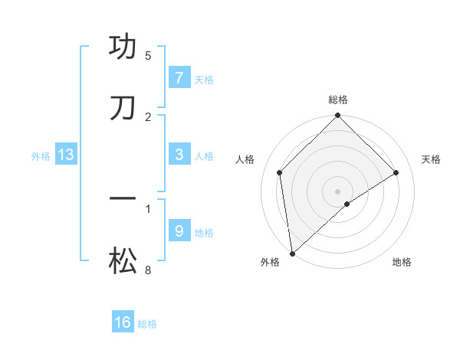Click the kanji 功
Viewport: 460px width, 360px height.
coord(123,47)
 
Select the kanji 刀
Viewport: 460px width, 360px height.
coord(123,108)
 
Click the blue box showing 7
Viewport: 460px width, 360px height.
coord(179,78)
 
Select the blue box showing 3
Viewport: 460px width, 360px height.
coord(179,154)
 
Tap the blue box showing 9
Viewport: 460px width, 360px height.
coord(179,231)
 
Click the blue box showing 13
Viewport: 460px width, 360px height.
coord(65,155)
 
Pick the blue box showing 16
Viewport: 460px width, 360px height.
coord(123,322)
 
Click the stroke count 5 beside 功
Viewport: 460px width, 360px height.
coord(148,56)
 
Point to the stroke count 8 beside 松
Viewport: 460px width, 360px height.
coord(148,270)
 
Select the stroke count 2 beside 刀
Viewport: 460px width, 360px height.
coord(148,116)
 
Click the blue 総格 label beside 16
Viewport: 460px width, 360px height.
coord(147,324)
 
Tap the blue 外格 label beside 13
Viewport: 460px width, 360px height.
coord(41,155)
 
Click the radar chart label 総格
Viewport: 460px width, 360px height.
coord(338,100)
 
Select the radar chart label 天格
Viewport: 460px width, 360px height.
coord(432,159)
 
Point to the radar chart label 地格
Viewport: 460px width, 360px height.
coord(402,262)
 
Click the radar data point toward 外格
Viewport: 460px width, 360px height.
coord(292,253)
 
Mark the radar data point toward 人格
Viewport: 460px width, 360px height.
coord(280,172)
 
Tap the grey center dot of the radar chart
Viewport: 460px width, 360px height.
coord(338,191)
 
